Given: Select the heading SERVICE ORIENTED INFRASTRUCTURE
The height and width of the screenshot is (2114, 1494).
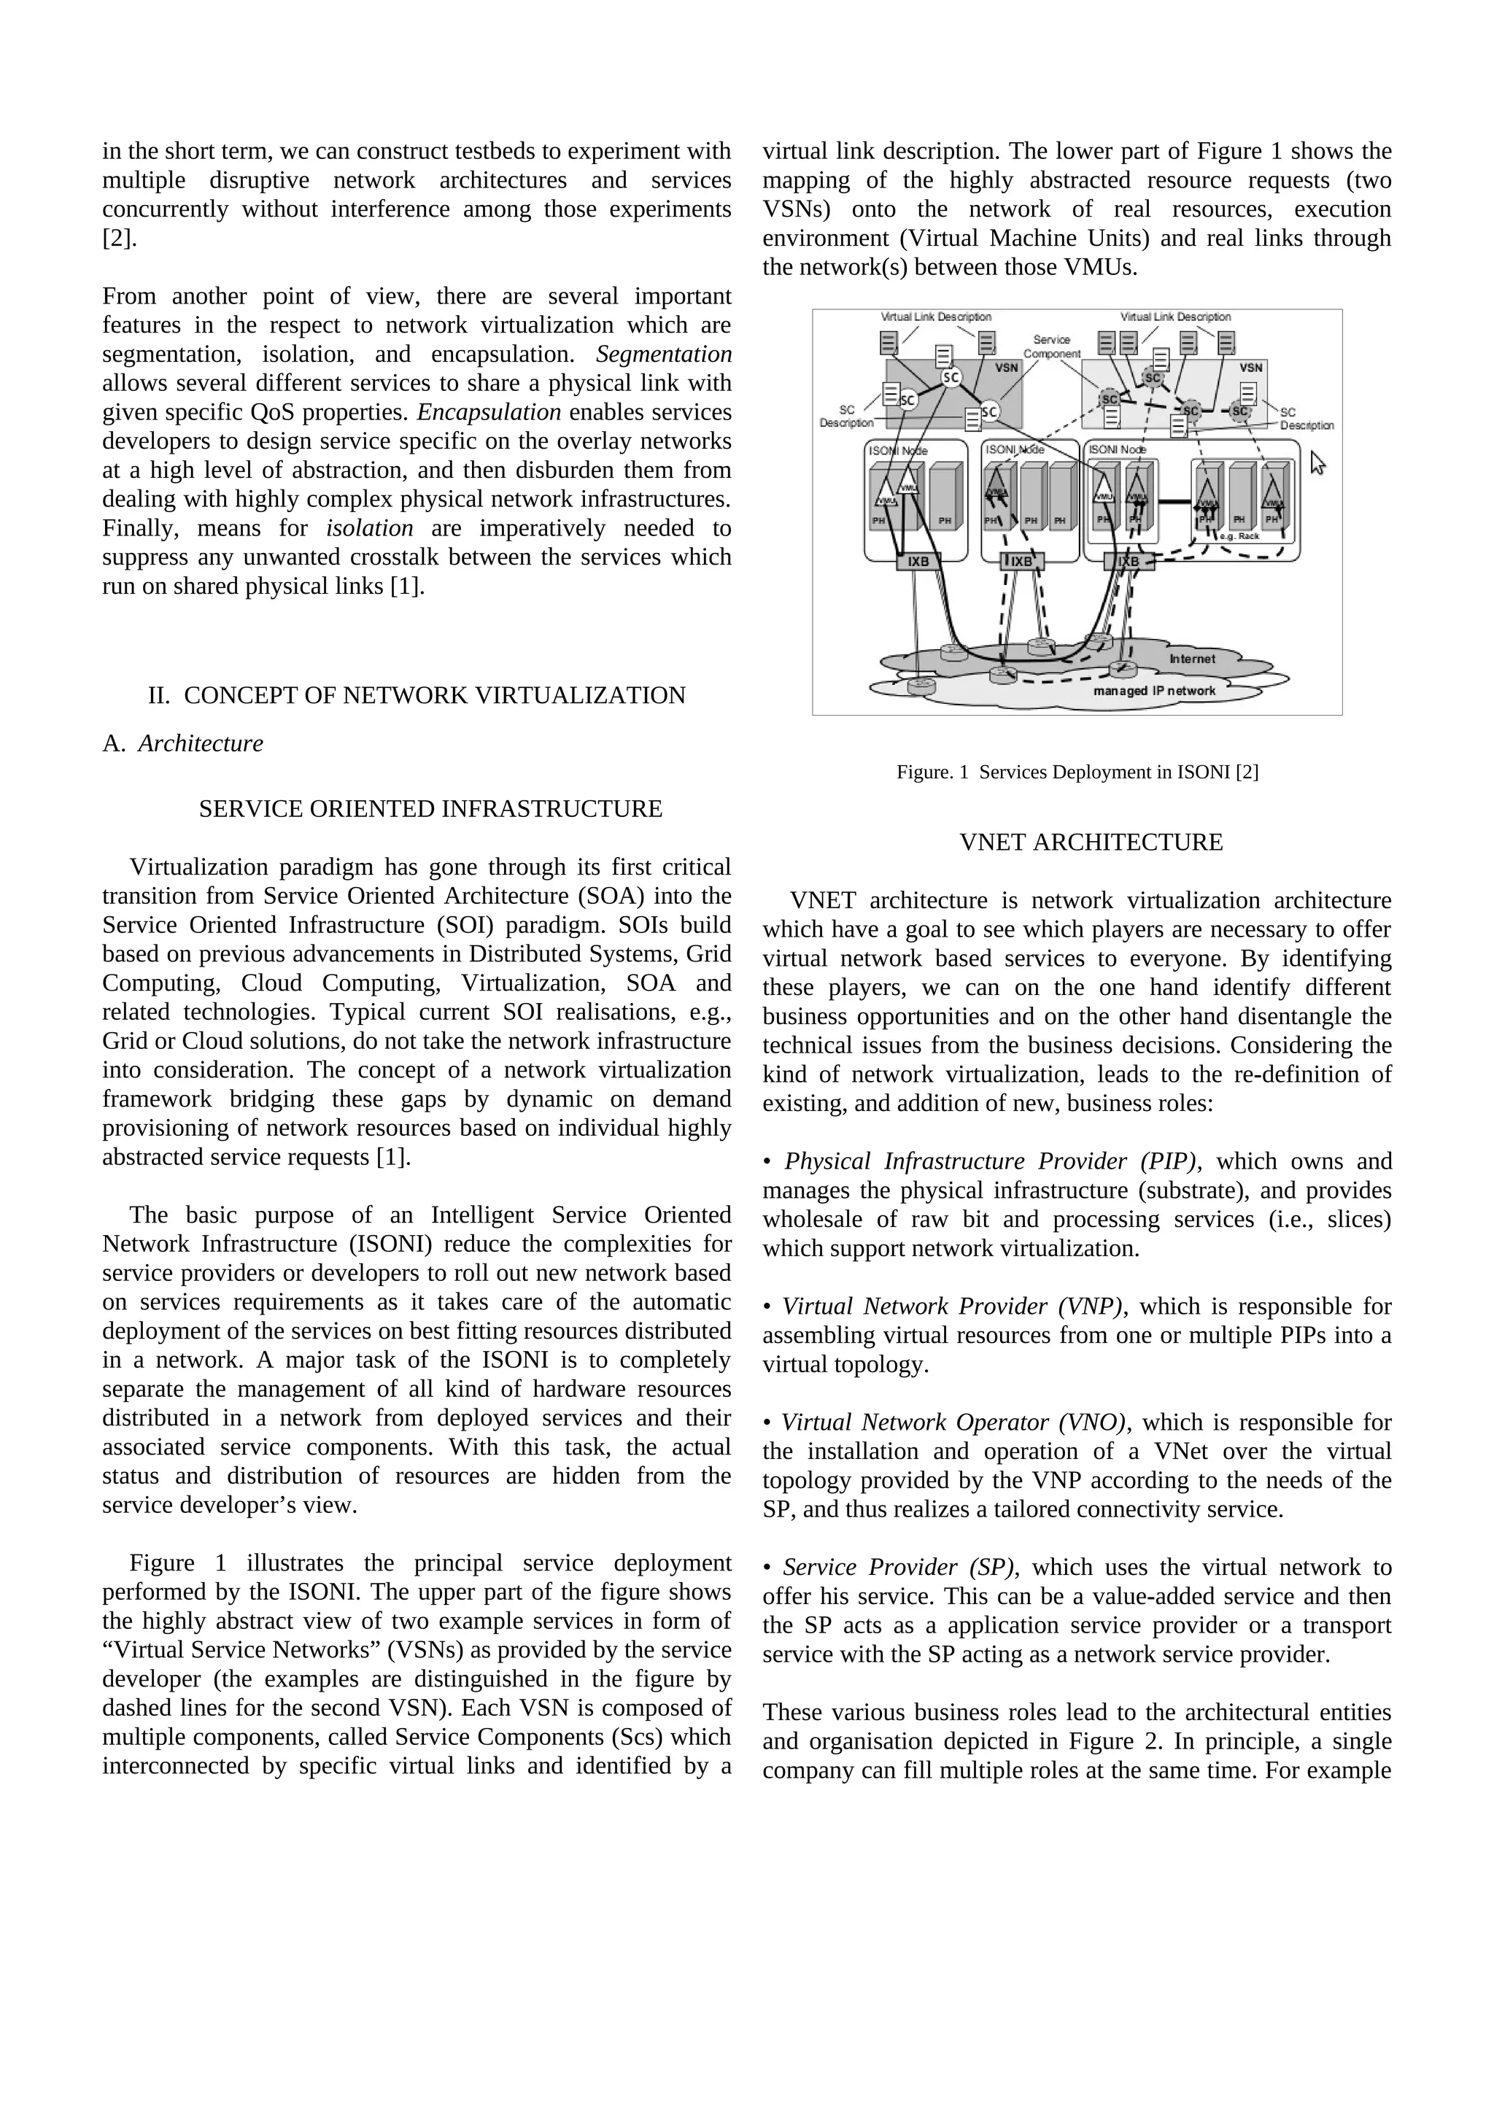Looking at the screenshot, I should coord(430,808).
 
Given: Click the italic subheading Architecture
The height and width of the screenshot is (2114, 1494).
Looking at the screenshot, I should coord(200,743).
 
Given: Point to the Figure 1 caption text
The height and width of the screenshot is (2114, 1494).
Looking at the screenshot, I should coord(1077,772).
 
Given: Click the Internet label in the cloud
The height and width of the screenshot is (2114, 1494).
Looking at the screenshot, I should coord(1192,658).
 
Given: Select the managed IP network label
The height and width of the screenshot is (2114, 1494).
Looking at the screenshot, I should coord(1153,691).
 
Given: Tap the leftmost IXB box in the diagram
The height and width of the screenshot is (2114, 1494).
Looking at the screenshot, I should coord(918,561).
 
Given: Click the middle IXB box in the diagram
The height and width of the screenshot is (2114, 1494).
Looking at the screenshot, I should coord(1022,561).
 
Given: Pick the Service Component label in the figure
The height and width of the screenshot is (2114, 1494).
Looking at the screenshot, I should coord(1051,346).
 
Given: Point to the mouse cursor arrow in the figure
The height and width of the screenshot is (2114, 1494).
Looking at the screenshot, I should coord(1317,462).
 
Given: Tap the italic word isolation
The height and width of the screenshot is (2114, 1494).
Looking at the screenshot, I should coord(369,527).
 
